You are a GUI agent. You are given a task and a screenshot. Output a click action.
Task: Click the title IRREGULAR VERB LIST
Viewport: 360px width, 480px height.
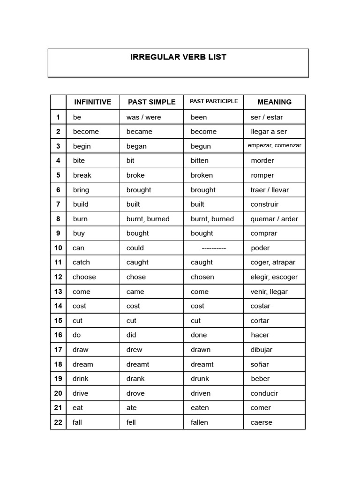178,57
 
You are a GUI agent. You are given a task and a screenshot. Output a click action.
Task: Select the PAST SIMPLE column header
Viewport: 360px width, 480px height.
151,102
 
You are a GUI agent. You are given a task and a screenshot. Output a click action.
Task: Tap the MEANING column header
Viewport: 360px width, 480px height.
274,102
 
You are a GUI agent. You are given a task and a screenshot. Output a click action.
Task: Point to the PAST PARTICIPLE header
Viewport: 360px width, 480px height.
213,101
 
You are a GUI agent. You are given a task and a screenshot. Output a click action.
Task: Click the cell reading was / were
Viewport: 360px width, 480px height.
143,117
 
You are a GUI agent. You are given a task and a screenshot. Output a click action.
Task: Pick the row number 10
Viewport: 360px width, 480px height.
58,248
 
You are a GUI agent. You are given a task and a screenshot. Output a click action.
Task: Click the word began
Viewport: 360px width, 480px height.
136,146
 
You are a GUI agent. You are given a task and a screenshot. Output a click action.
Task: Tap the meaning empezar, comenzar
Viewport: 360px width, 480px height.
274,146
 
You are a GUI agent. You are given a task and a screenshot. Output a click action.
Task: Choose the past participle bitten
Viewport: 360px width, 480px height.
202,161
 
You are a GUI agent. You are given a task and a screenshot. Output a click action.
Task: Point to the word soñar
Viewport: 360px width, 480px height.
260,364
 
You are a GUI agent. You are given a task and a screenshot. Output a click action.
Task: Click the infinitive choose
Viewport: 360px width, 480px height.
84,277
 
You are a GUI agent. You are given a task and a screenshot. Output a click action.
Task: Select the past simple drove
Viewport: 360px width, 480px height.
135,393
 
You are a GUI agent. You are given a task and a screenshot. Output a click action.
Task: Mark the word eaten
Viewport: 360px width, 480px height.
200,408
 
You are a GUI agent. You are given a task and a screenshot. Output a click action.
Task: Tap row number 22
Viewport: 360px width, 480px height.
58,422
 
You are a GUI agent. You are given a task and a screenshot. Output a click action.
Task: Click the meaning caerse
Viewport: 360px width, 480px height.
261,422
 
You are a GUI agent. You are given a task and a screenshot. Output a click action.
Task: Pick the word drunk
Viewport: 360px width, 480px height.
200,379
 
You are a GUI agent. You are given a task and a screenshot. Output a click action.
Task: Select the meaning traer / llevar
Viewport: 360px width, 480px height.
270,190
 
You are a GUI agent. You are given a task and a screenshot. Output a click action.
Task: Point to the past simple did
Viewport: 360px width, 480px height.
132,335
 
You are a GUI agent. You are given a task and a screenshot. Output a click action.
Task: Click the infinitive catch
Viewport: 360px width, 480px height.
81,262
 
